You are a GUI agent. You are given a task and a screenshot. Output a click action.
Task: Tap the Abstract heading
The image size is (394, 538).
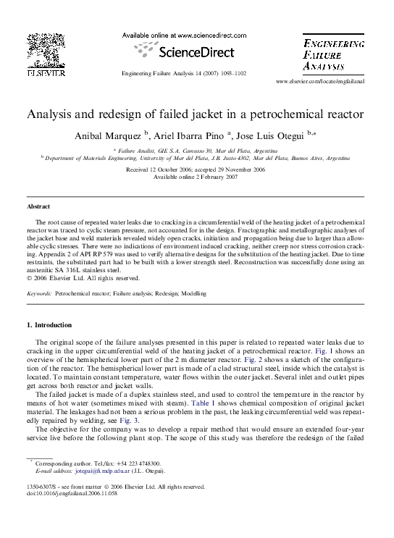(x=38, y=206)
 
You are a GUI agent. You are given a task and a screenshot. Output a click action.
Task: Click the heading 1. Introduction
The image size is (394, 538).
(x=50, y=325)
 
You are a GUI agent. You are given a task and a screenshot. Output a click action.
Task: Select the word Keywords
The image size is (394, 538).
(x=38, y=294)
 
